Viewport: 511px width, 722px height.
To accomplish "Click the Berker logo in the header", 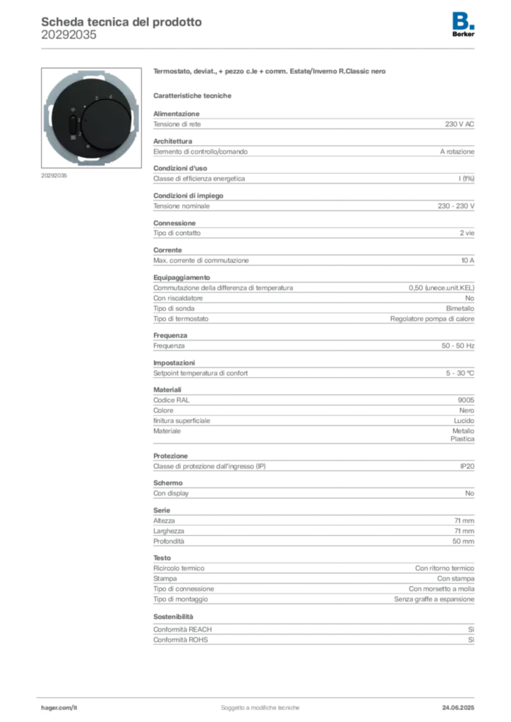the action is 463,25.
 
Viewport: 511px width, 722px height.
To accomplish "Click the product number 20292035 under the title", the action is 68,35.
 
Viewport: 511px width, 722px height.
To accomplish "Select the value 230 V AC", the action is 459,124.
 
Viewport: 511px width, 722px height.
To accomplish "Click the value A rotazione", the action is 457,152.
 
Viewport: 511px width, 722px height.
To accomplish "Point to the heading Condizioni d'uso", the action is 180,168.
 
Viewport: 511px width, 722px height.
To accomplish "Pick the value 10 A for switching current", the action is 468,260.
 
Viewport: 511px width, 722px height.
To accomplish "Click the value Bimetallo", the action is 460,309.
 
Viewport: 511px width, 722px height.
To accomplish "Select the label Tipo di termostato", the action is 181,319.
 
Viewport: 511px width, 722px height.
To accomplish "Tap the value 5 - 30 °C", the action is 460,373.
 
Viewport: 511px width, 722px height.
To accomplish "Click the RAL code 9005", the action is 466,400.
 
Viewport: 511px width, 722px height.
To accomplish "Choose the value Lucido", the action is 464,420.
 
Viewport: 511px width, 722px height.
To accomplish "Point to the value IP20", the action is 467,466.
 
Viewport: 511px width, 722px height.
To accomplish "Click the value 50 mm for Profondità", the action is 463,541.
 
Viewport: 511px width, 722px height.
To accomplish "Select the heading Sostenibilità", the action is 173,616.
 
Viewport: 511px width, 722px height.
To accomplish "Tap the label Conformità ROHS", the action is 181,640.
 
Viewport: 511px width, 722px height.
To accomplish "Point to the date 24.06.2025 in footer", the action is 458,708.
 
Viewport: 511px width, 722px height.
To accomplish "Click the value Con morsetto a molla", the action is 441,589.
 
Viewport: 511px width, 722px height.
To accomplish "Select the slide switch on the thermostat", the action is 73,124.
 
